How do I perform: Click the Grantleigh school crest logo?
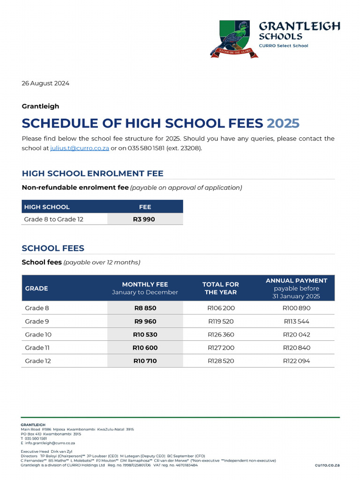[x=233, y=39]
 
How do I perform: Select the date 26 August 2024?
[x=45, y=83]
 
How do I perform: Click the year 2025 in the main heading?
[x=283, y=123]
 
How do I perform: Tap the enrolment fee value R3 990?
[x=145, y=219]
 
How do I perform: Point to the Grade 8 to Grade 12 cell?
[x=54, y=219]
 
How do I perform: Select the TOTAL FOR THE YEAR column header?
[x=220, y=288]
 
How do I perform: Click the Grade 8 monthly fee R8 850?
[x=145, y=308]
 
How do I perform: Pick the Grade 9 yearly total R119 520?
[x=221, y=322]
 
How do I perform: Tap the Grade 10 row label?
[x=38, y=335]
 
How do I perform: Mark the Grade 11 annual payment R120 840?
[x=296, y=348]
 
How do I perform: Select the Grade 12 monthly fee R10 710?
[x=145, y=361]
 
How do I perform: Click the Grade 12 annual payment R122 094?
[x=296, y=361]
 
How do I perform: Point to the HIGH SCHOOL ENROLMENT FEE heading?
[x=93, y=173]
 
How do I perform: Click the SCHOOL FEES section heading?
[x=53, y=248]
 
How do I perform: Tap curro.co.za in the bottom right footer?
[x=327, y=465]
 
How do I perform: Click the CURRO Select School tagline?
[x=284, y=45]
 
